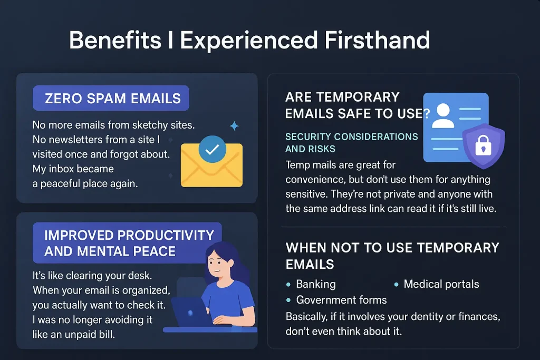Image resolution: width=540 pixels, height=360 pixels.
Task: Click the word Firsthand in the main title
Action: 377,40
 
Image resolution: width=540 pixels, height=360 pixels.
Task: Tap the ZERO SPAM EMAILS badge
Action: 111,98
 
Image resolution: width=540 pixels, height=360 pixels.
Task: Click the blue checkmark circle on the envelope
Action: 212,149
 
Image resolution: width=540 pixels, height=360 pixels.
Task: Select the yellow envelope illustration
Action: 212,165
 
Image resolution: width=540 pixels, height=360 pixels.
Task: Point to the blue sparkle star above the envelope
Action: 235,126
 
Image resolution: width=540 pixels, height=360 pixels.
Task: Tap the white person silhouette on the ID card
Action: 443,116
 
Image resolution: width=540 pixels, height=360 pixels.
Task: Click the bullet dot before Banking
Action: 288,285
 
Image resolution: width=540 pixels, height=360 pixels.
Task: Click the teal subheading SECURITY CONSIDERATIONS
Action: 351,137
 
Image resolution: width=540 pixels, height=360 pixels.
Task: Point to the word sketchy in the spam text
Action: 150,125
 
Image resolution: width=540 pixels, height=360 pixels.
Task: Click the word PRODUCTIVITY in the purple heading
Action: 166,236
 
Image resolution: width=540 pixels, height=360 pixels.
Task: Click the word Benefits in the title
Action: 115,40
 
